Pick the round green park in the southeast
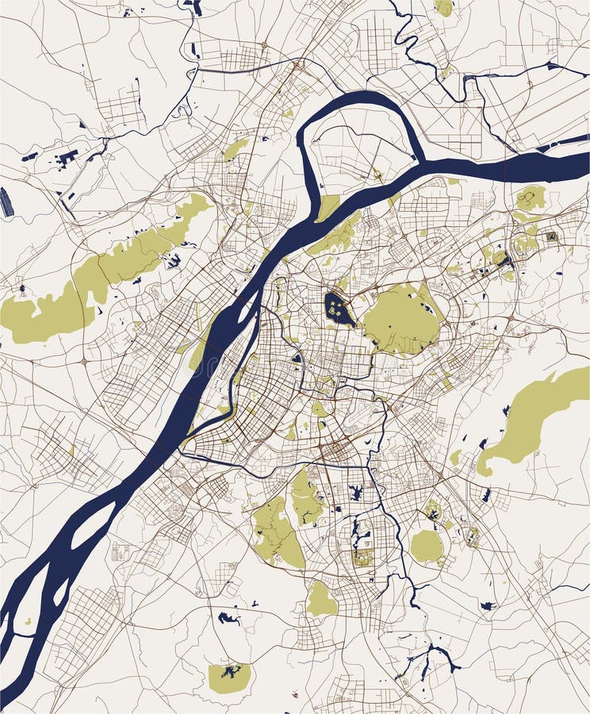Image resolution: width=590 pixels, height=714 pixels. pos(427,546)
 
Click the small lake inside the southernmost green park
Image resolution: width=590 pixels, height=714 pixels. pos(231,673)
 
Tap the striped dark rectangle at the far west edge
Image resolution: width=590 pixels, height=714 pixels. pos(6,202)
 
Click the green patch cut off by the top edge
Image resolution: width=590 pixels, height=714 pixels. pos(445,7)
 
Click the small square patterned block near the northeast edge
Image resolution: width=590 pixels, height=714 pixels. pos(552,236)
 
